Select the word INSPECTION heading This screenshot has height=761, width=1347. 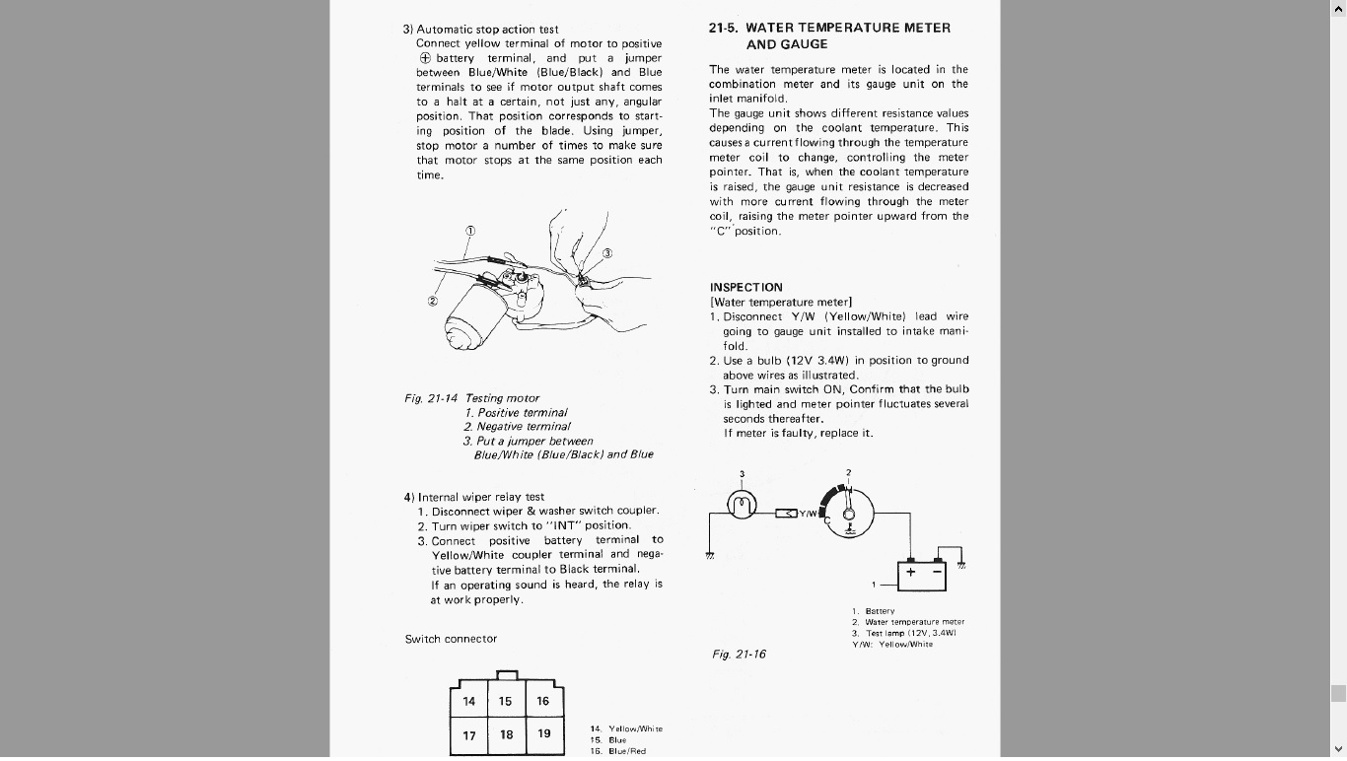click(745, 288)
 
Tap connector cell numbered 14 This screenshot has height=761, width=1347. click(469, 702)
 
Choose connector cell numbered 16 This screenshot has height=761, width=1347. click(543, 702)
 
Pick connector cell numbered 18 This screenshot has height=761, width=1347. click(506, 734)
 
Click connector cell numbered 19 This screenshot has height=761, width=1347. click(544, 734)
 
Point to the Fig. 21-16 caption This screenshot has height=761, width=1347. click(739, 655)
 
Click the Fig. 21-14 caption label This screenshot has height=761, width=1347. click(431, 398)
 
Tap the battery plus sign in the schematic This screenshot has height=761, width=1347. click(910, 573)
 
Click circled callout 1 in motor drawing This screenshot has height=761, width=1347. click(470, 232)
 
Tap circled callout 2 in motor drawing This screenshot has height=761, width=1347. click(433, 301)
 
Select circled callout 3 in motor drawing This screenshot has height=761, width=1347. click(607, 253)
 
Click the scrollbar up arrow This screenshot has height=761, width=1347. click(1338, 9)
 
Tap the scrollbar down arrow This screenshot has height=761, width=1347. click(1338, 749)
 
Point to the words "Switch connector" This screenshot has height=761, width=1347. click(451, 639)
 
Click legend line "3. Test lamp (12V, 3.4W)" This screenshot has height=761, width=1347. click(903, 633)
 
